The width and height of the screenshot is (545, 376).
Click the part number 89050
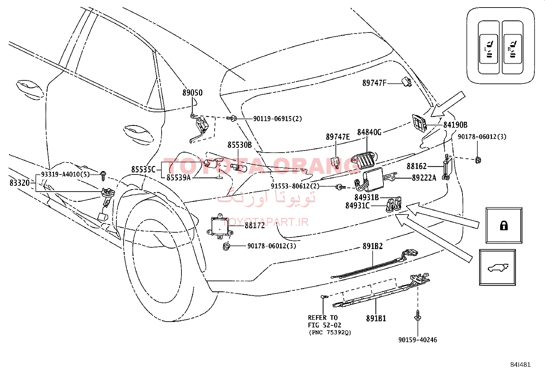tap(192, 93)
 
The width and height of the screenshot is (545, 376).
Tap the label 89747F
tap(374, 83)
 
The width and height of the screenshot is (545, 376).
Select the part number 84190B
tap(455, 125)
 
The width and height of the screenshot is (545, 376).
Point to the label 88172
tap(255, 225)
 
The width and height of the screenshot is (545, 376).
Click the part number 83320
tap(20, 183)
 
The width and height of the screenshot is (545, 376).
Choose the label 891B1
tap(376, 319)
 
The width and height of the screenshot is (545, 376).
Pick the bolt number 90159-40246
tap(418, 340)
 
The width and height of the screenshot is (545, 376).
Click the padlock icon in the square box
tap(504, 226)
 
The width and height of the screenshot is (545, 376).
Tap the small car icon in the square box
tap(498, 268)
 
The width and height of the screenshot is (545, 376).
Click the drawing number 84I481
tap(520, 365)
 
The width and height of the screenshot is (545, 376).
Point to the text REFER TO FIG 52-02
tap(324, 321)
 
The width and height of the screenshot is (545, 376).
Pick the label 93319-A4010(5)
tap(65, 174)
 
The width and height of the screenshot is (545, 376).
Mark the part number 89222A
tap(424, 178)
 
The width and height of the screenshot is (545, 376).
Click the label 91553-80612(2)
tap(295, 186)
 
